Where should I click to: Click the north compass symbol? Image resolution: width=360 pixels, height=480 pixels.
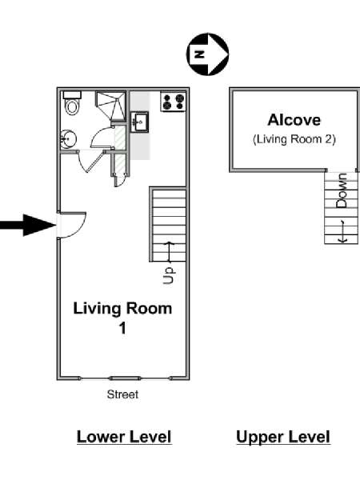(207, 54)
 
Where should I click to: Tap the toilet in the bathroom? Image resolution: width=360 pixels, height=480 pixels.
(72, 103)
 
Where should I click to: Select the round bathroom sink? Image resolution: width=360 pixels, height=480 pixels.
(68, 139)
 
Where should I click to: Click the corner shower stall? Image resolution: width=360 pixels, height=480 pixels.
(110, 106)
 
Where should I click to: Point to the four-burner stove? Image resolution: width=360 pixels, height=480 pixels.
(174, 102)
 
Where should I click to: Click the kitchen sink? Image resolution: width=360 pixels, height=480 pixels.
(139, 122)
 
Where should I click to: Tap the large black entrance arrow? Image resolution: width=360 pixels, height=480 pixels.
(27, 226)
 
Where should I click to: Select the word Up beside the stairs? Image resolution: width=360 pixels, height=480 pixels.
(169, 275)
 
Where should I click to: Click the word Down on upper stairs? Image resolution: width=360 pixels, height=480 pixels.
(342, 190)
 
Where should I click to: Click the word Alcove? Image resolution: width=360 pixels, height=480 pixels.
(294, 120)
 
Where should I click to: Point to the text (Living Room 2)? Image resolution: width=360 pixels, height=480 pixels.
(294, 139)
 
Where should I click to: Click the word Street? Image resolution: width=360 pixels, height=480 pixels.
(122, 394)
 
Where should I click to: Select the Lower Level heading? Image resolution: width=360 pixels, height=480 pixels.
(124, 437)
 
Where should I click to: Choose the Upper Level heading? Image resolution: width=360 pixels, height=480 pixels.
(283, 437)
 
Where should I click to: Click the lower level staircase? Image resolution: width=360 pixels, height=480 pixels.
(168, 224)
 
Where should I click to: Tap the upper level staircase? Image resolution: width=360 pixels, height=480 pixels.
(341, 207)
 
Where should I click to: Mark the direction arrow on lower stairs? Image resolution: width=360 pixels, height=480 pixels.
(169, 253)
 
